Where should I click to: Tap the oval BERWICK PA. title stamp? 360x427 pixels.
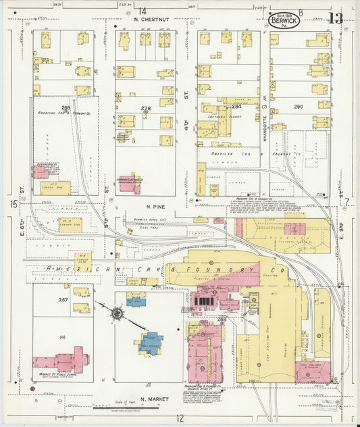coord(282,21)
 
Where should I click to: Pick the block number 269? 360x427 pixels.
coord(66,107)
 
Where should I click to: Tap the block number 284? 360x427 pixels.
coord(236,107)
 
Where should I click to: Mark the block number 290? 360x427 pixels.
coord(298,107)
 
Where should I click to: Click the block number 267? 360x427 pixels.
coord(63,299)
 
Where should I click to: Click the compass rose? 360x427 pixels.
coord(118,313)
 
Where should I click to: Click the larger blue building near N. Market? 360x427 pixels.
coord(152,342)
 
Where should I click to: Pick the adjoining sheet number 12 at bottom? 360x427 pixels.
coord(180,419)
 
